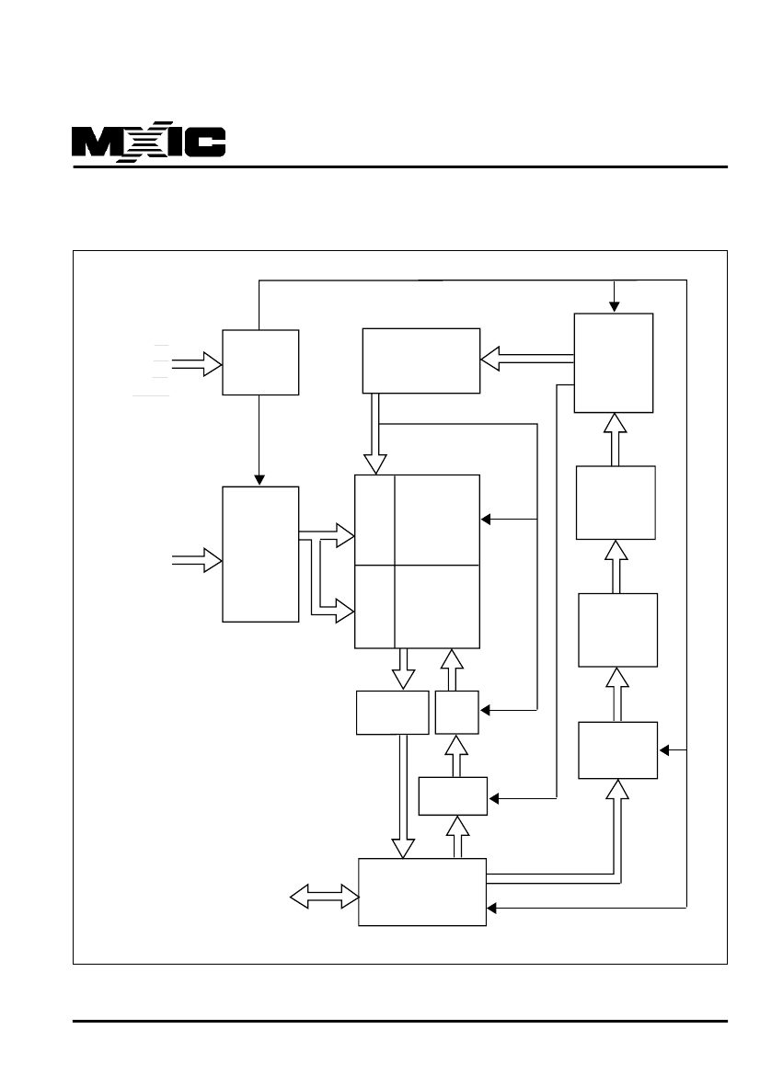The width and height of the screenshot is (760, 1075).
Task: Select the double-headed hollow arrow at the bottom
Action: (x=324, y=894)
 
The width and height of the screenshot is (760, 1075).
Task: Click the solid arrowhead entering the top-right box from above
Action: (x=616, y=307)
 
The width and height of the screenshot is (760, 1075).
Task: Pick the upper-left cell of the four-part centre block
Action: (x=374, y=520)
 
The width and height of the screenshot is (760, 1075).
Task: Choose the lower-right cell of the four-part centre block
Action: (x=437, y=606)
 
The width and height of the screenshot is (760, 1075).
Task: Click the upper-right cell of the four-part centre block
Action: (x=437, y=520)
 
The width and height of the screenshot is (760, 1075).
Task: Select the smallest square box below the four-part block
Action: (x=457, y=712)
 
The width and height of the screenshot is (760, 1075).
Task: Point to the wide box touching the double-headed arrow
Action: (x=421, y=892)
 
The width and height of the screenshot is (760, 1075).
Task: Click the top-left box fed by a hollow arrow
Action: (x=260, y=362)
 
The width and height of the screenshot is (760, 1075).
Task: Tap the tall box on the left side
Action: (x=260, y=554)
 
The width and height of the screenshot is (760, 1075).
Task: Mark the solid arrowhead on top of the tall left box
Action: (x=260, y=479)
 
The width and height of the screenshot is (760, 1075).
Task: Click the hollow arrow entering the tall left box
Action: (x=198, y=560)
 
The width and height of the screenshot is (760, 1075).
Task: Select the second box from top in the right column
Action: (x=616, y=502)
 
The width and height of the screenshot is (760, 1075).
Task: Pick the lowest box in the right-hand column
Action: (x=617, y=749)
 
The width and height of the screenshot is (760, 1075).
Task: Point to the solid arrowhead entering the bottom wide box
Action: (x=491, y=909)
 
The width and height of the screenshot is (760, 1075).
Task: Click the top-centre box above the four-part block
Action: (x=421, y=360)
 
